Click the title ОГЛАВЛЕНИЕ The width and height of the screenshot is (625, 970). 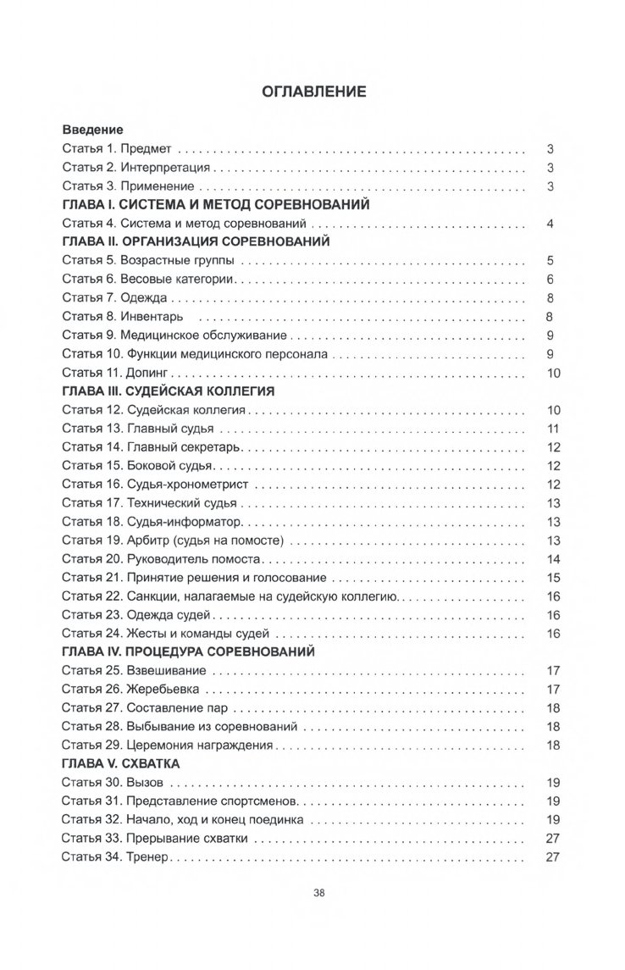click(313, 91)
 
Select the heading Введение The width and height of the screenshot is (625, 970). click(93, 130)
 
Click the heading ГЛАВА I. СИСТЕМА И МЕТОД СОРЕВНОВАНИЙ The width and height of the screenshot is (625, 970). click(215, 205)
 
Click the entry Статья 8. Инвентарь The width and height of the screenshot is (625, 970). click(123, 317)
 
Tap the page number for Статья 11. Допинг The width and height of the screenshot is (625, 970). click(553, 373)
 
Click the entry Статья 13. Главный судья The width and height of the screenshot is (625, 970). click(136, 429)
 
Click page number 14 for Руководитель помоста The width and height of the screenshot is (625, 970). click(554, 559)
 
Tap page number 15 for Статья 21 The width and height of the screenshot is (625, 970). click(554, 578)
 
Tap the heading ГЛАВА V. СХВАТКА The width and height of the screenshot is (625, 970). click(120, 764)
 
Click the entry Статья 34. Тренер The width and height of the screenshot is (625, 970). click(117, 857)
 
